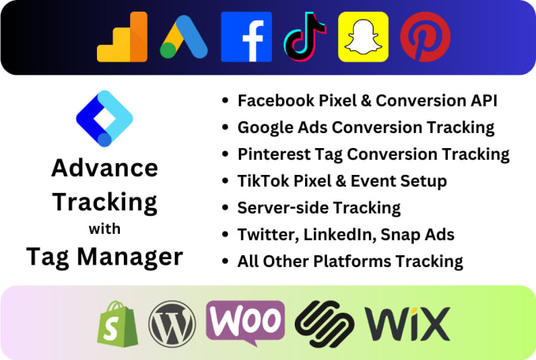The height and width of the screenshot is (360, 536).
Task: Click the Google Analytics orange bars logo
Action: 121,37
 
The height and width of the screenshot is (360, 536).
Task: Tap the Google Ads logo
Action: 184,37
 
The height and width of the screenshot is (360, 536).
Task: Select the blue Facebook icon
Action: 246,37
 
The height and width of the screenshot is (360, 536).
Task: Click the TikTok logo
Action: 305,37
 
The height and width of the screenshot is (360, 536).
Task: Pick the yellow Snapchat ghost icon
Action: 363,37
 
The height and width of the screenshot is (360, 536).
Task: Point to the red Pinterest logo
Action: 426,37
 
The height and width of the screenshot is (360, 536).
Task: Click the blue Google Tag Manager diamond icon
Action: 105,119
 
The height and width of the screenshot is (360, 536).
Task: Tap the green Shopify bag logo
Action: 117,323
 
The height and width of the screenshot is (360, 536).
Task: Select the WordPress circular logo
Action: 172,323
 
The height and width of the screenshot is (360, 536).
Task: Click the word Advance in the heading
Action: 105,168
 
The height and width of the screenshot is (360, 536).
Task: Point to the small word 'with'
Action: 105,230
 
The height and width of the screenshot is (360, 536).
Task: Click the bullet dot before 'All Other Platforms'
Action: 227,262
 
